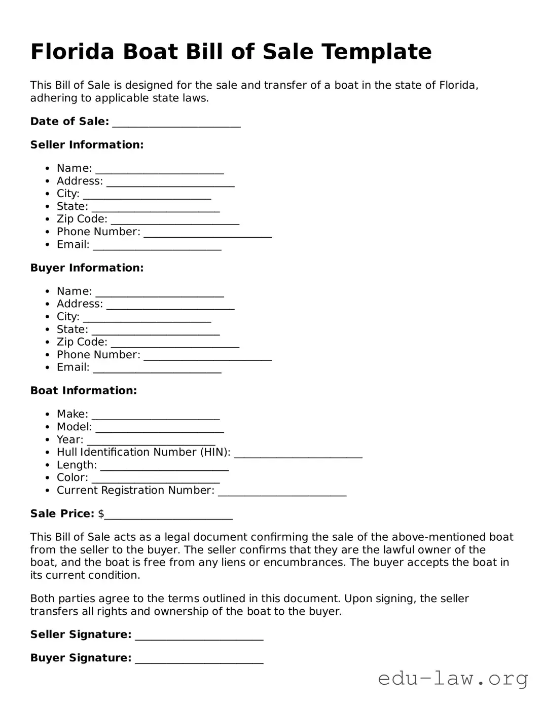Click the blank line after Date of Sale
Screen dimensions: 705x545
point(176,123)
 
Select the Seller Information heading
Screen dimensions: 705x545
point(87,145)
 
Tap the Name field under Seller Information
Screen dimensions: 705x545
point(160,169)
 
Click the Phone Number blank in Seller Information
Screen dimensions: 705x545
point(208,233)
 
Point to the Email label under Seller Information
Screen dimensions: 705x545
point(73,245)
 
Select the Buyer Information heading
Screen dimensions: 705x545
point(87,268)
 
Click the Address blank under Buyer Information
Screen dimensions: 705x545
point(170,305)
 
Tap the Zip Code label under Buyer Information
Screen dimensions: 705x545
point(82,342)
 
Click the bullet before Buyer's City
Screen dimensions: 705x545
point(47,317)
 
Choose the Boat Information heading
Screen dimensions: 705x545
point(84,391)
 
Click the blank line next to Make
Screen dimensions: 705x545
point(156,416)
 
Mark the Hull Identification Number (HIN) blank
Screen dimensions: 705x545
point(298,454)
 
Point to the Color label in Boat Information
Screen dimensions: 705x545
point(72,477)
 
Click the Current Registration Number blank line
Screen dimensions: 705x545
point(282,492)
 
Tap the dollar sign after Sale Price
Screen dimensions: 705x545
point(101,514)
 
